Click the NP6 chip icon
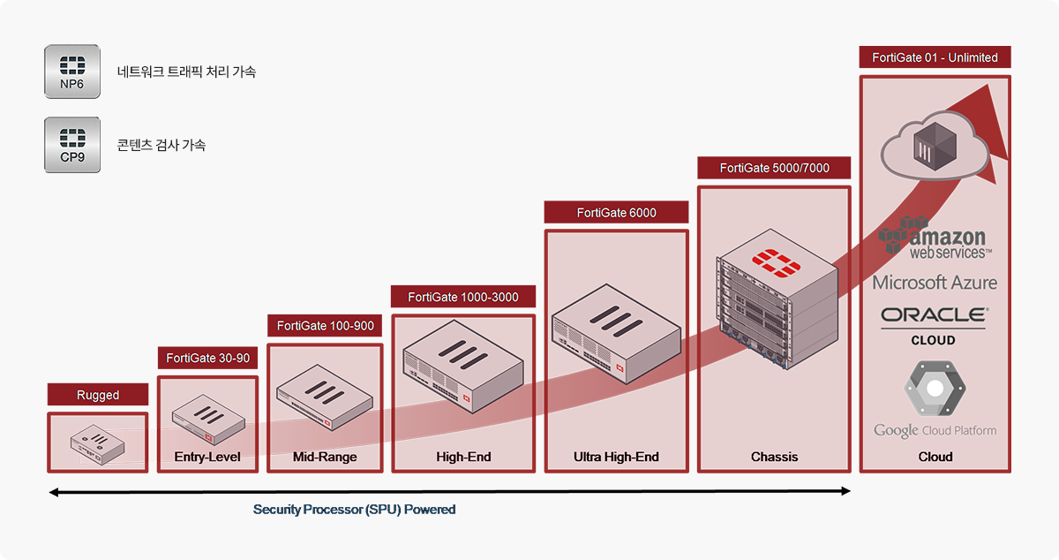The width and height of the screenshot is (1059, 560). point(72,72)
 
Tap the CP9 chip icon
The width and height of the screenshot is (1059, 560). point(72,145)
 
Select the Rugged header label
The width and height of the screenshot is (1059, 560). point(98,395)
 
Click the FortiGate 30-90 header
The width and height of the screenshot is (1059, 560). point(207,359)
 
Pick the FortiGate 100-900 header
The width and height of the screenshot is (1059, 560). point(325,326)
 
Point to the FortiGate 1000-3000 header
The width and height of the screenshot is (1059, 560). point(463,297)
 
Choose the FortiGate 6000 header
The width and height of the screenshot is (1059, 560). point(616,213)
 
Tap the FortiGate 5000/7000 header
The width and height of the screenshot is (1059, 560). point(774,168)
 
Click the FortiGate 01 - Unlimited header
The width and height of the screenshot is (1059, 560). point(935,57)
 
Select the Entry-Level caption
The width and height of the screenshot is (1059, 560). point(207,457)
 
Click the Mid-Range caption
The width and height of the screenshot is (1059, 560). point(325,457)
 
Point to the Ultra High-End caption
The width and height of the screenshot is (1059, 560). point(616,457)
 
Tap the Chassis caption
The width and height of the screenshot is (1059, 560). point(774,457)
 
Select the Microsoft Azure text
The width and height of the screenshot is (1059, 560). point(935,283)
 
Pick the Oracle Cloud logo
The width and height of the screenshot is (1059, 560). point(934,325)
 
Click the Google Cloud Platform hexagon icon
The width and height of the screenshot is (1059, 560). point(934,389)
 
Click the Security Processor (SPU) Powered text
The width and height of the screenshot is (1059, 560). point(354,510)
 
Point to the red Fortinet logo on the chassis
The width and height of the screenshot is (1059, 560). point(774,262)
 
